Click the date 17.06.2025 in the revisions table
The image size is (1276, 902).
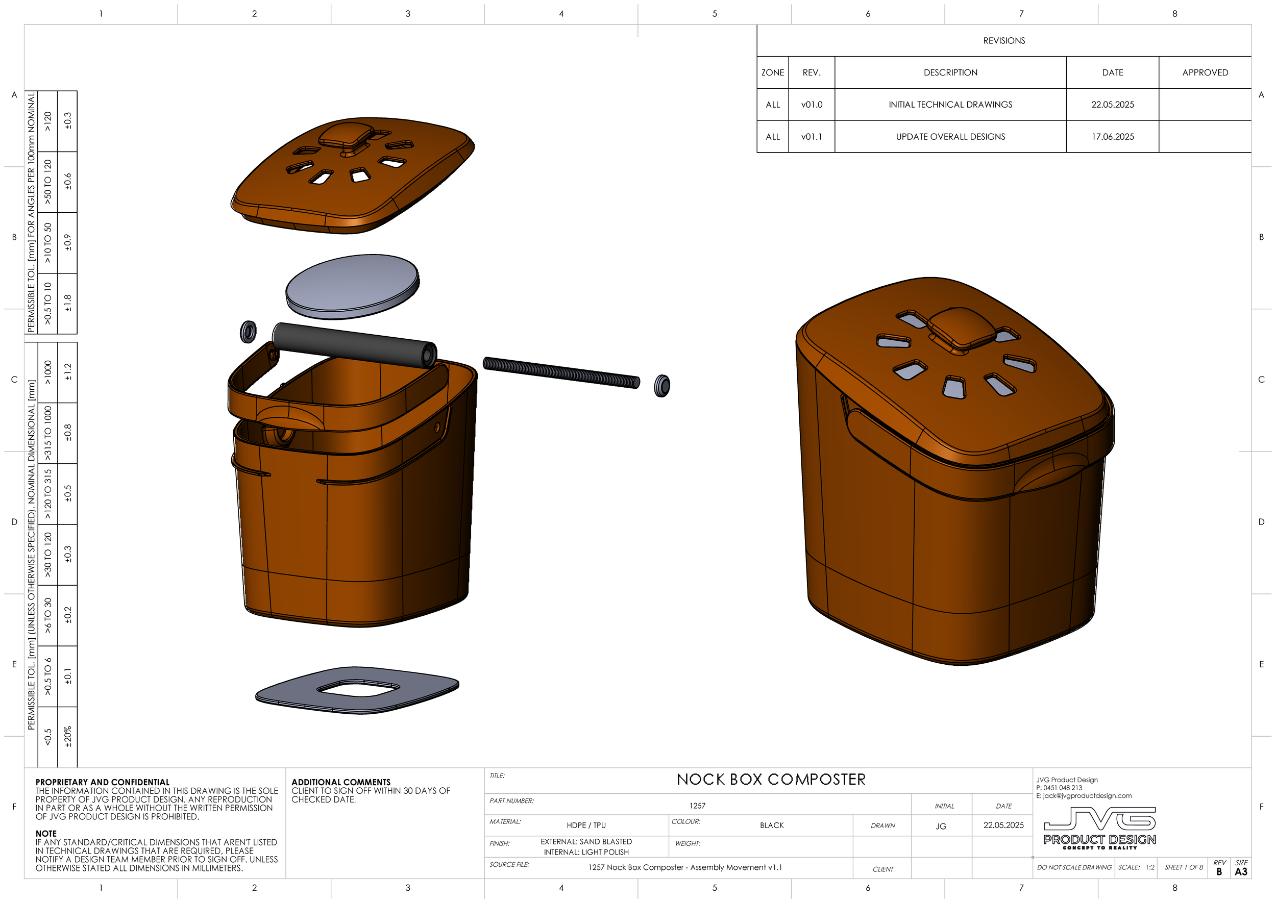click(1112, 137)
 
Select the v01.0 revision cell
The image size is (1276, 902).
click(812, 105)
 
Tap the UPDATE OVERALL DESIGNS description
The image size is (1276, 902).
click(950, 137)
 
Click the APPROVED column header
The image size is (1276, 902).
click(1205, 73)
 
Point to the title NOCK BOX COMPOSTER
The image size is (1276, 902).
click(771, 779)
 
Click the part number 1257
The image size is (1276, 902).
click(697, 806)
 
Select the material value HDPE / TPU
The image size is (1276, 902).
click(586, 825)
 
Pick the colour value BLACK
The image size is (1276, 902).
click(771, 825)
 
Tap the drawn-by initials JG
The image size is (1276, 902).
click(940, 826)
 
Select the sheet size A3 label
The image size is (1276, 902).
click(1240, 871)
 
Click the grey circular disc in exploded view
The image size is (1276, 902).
click(352, 286)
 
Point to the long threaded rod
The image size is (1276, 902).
click(561, 372)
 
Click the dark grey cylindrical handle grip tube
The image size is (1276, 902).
click(354, 345)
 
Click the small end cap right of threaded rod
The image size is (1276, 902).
click(661, 386)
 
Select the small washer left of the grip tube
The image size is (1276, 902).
click(248, 332)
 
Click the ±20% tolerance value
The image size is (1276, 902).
click(67, 737)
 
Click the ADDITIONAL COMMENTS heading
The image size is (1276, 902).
click(340, 782)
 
